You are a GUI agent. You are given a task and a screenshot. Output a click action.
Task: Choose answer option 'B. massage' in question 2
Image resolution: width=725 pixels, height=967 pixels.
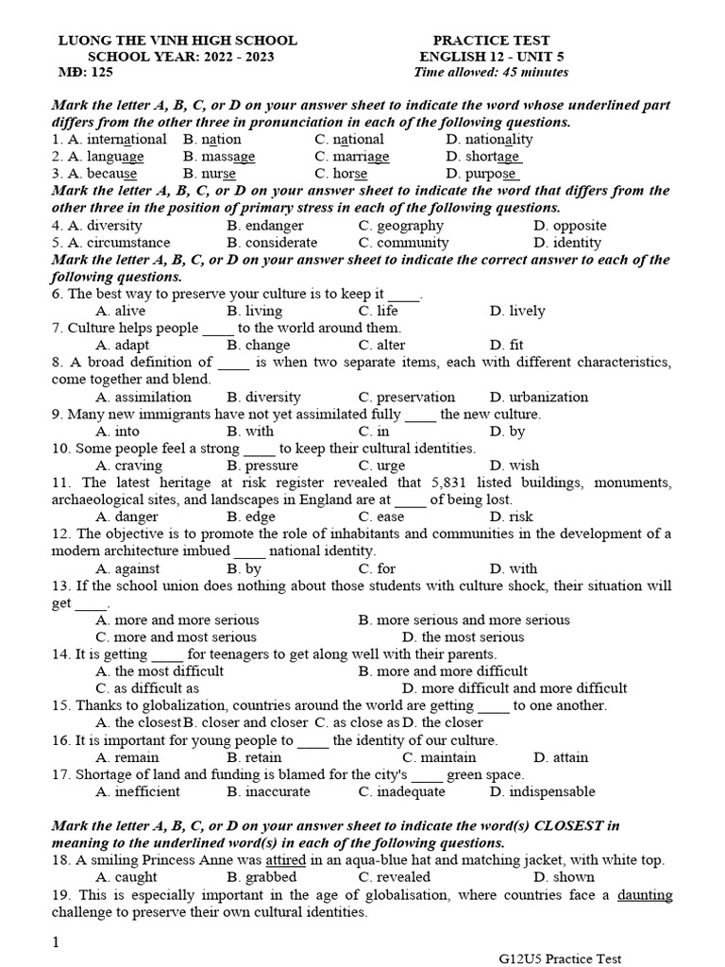[x=219, y=157]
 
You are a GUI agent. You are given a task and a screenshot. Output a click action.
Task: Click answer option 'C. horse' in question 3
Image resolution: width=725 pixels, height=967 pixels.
[x=341, y=174]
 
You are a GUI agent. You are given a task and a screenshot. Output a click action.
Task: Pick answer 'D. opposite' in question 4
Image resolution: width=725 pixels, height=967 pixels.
[x=569, y=226]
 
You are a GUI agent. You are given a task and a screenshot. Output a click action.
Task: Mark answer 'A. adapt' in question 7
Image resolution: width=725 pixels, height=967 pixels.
[x=123, y=345]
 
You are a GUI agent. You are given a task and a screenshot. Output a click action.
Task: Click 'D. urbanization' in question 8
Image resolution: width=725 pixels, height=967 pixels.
[x=539, y=397]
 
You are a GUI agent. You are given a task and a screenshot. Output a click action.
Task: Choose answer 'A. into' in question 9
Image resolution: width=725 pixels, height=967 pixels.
[x=118, y=432]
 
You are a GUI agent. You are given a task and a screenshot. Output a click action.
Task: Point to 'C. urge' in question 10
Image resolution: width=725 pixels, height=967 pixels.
[x=380, y=466]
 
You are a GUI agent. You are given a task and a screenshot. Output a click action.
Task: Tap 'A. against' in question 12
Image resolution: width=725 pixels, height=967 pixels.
[x=127, y=568]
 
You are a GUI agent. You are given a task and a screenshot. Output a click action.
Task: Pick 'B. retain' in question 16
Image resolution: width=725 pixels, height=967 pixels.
[x=254, y=756]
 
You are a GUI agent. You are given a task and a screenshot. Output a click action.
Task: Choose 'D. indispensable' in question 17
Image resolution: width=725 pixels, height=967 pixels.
[x=543, y=791]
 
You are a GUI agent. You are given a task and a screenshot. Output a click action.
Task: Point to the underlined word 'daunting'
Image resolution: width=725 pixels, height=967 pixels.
[x=645, y=895]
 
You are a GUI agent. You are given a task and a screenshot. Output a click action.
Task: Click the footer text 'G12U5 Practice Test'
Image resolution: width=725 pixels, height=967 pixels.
[x=561, y=959]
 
